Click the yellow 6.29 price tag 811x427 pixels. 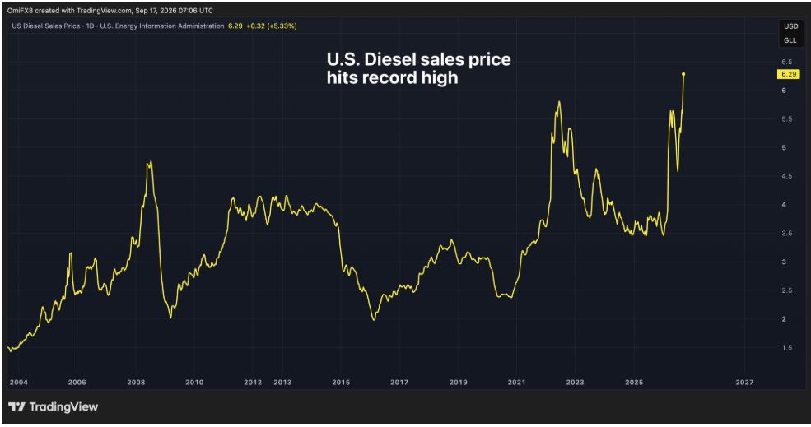(x=789, y=74)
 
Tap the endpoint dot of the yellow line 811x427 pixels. (x=683, y=74)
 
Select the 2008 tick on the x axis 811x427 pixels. (x=136, y=383)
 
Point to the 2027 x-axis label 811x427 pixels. (x=744, y=383)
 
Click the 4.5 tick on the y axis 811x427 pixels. (x=786, y=176)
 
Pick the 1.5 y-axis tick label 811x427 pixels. (x=786, y=348)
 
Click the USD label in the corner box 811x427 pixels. (x=790, y=26)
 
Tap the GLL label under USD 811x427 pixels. (x=790, y=40)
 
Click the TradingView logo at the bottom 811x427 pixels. (x=53, y=406)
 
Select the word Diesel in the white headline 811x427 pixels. (x=390, y=59)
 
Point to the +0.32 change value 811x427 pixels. (x=255, y=26)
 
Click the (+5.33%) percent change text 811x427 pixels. (x=282, y=26)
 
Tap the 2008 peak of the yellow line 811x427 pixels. (x=150, y=161)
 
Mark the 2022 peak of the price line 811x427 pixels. (x=559, y=101)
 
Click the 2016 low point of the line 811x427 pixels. (x=374, y=320)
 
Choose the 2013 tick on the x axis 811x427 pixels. (x=282, y=383)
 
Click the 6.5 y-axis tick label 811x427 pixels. (x=786, y=62)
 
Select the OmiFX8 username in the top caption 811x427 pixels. (x=20, y=11)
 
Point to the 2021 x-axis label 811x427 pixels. (x=516, y=383)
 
